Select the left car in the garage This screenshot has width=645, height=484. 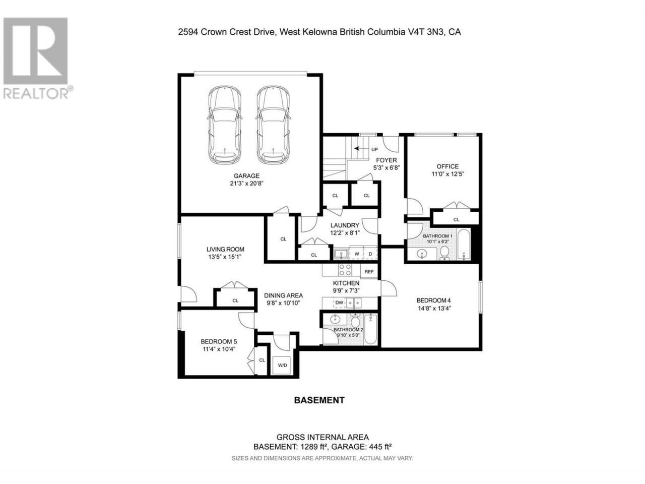225,125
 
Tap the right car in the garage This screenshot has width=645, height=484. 273,125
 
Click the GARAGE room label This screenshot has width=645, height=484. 246,176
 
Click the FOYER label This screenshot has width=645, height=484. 386,160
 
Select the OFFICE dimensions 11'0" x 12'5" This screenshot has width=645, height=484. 447,174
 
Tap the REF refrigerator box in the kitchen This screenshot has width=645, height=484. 369,272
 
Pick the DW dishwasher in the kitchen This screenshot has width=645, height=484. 339,302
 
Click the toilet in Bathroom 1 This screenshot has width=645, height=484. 444,253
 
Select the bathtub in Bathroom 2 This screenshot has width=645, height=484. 370,329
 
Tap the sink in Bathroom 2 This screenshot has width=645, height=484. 334,319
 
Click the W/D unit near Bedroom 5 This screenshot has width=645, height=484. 282,366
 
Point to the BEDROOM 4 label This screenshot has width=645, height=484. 433,300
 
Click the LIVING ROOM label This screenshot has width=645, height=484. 225,250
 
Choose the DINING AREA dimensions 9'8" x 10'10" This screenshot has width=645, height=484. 283,303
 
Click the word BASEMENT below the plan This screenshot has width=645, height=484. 319,400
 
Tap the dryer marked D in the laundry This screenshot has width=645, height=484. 370,254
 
